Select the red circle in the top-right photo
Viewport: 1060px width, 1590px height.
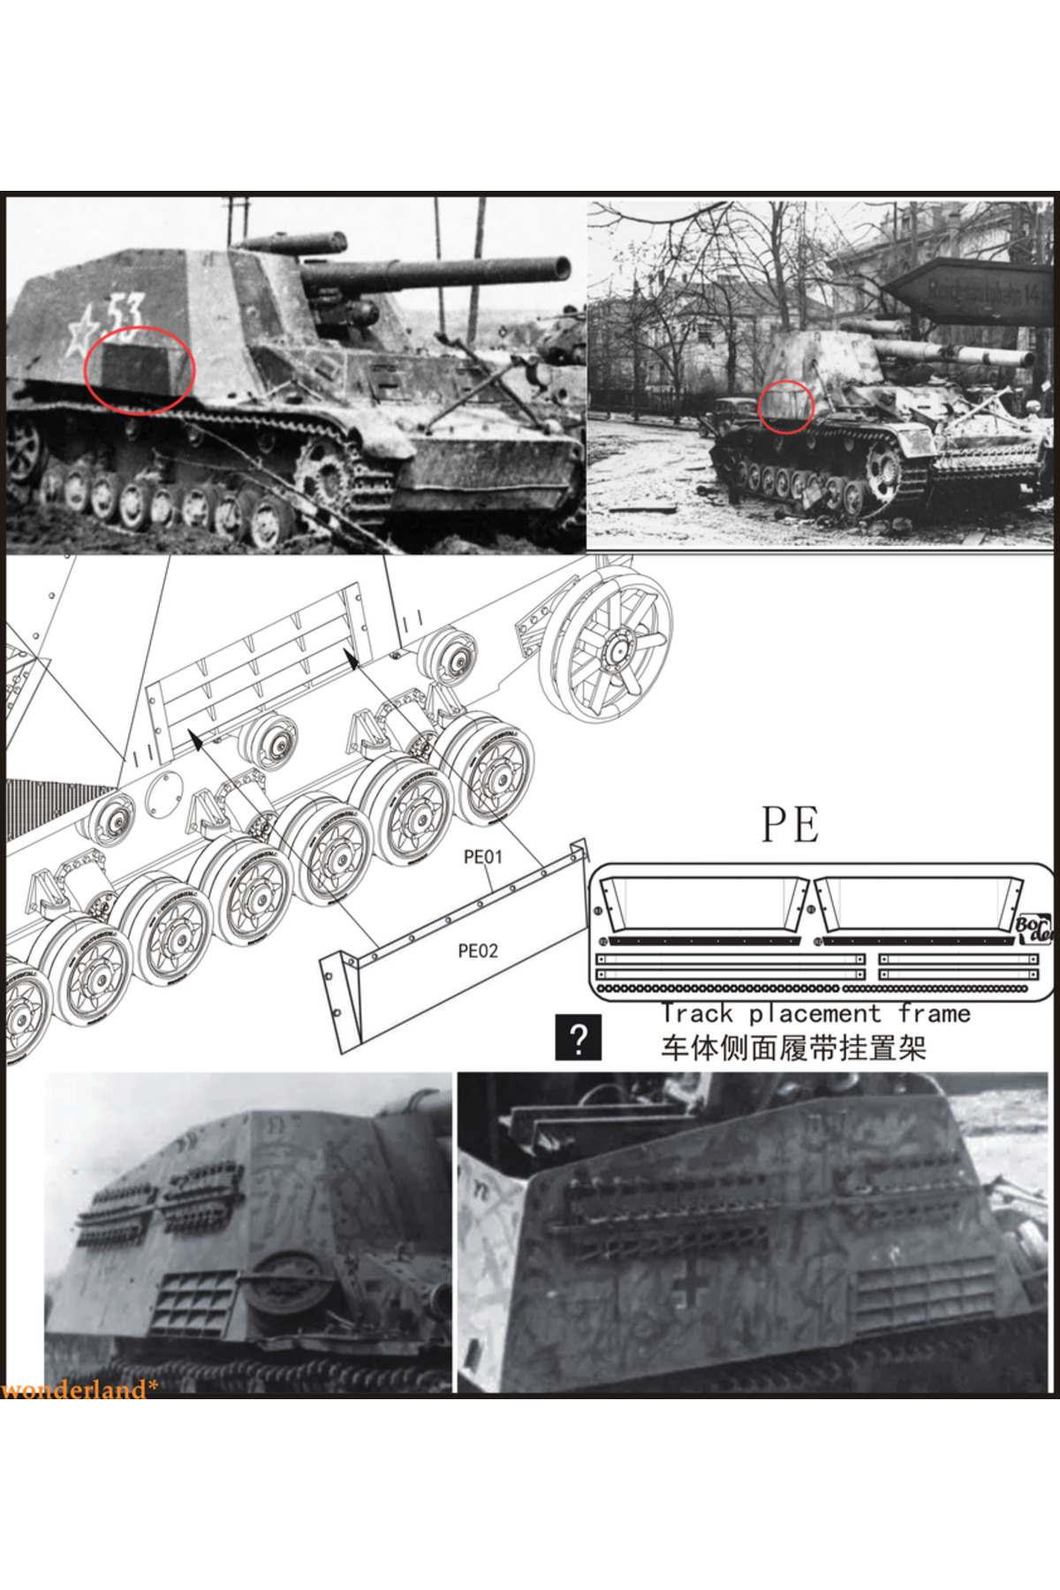[786, 406]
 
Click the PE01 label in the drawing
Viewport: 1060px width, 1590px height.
[482, 857]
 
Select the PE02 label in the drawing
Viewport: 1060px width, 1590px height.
[478, 950]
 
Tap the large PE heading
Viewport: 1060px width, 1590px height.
[791, 824]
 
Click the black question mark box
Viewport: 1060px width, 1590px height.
[579, 1038]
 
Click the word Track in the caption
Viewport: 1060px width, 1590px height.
[698, 1014]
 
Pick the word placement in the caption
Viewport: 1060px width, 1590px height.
[815, 1014]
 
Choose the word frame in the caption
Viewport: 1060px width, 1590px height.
[935, 1014]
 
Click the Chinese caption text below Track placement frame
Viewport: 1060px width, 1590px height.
[793, 1049]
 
